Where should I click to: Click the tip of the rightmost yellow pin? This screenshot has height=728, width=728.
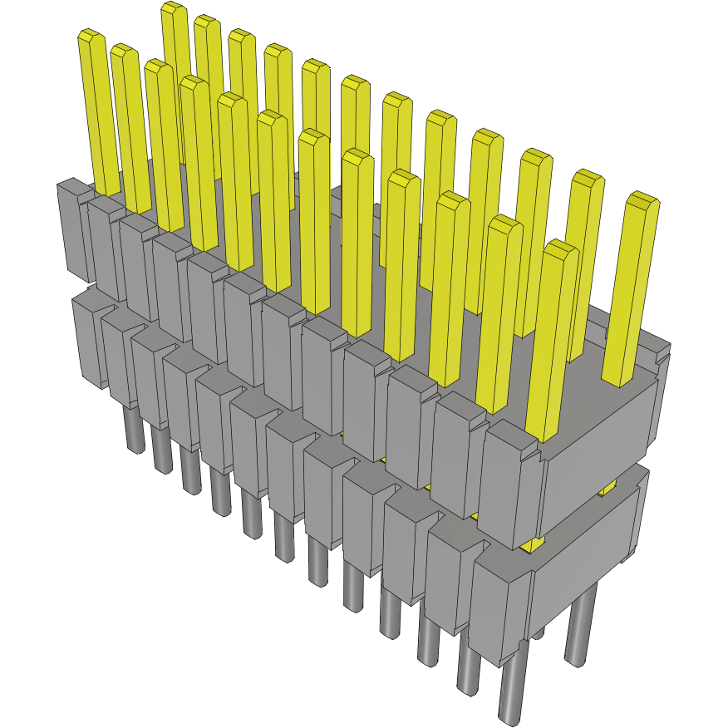pos(642,199)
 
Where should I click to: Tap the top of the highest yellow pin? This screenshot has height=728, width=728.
pos(173,8)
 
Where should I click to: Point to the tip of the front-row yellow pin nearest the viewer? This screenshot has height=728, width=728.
pos(562,247)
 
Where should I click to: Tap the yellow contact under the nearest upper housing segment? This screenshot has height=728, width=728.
pos(532,544)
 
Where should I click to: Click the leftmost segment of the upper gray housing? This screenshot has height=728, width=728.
pos(73,228)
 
